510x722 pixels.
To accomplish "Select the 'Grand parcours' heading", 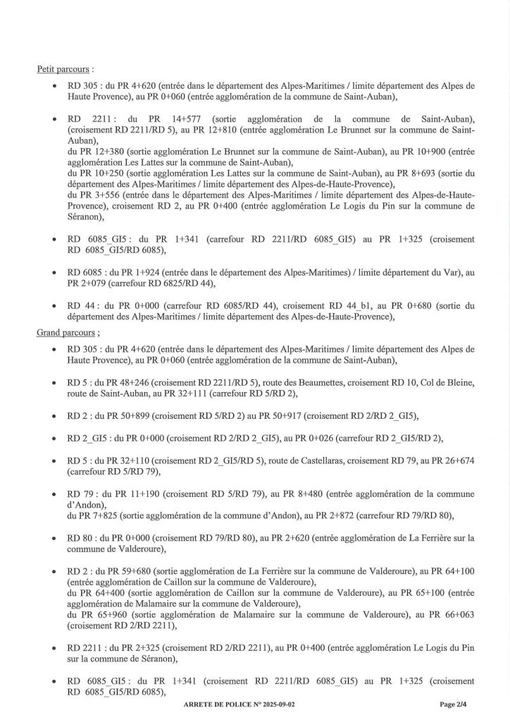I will [x=66, y=329].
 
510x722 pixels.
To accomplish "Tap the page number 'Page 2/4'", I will [x=457, y=704].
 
